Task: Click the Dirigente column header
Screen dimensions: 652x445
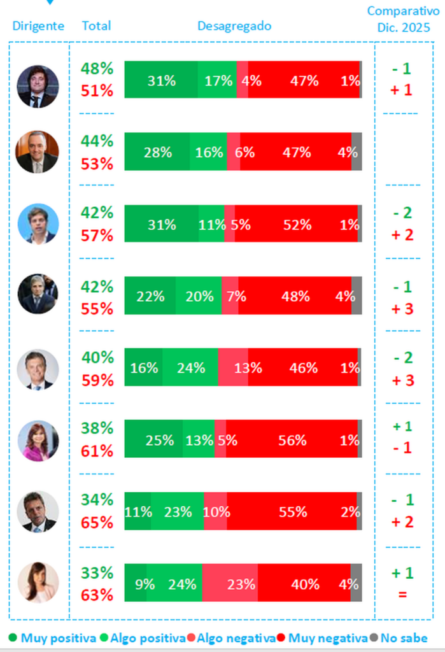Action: click(x=38, y=26)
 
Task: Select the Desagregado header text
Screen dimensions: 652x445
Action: click(x=234, y=26)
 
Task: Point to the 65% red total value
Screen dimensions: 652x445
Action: click(x=97, y=523)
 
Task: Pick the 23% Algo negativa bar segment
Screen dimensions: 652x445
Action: click(x=230, y=583)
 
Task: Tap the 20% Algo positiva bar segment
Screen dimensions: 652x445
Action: click(x=198, y=295)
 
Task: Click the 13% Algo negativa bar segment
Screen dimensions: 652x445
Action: click(x=233, y=367)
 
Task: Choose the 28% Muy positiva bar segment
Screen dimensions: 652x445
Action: click(x=157, y=152)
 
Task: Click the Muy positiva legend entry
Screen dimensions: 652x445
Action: click(x=53, y=638)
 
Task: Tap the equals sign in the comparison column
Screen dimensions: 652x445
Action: click(x=402, y=595)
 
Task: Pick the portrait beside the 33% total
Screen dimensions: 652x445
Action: click(x=38, y=582)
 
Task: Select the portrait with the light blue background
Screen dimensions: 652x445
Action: click(x=38, y=224)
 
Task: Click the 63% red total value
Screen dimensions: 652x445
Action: click(x=97, y=595)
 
